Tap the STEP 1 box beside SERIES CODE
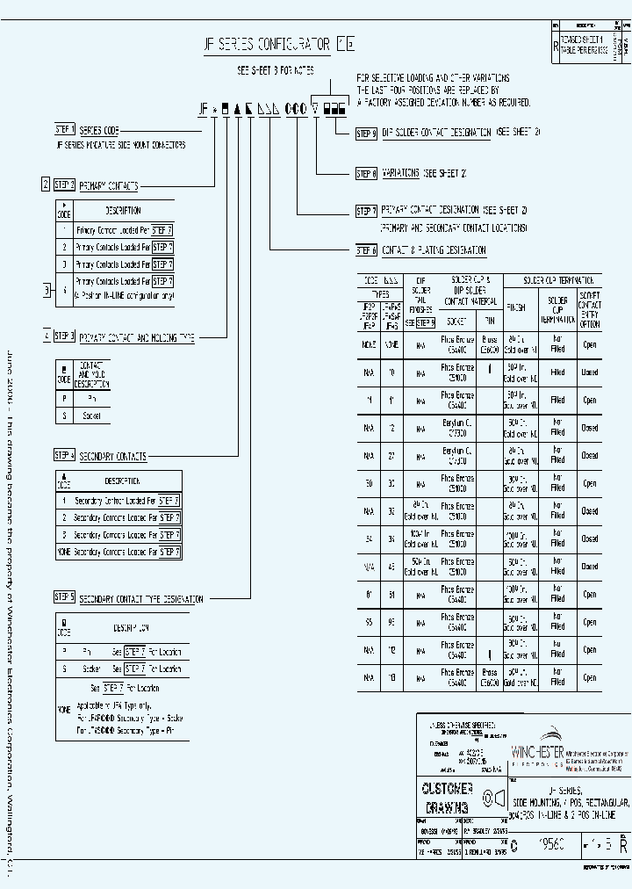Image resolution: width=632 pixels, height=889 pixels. tap(65, 129)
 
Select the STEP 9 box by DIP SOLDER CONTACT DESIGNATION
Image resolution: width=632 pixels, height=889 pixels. tap(366, 134)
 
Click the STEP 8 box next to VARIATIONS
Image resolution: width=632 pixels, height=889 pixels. tap(366, 173)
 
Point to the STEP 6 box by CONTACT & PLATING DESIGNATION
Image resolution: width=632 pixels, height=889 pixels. tap(366, 250)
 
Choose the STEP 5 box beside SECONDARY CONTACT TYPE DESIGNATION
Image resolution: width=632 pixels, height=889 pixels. tap(65, 598)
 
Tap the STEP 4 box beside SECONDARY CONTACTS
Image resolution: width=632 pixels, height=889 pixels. tap(65, 456)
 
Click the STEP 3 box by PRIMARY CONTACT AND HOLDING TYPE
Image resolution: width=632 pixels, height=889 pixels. tap(65, 336)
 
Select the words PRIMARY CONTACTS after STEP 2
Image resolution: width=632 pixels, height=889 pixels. tap(109, 186)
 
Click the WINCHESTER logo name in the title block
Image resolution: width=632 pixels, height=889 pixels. tap(539, 752)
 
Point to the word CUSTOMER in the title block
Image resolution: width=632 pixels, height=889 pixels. tap(449, 788)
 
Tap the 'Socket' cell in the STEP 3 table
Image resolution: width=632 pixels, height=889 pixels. tap(91, 416)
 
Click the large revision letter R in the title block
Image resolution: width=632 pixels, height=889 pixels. tap(622, 846)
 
